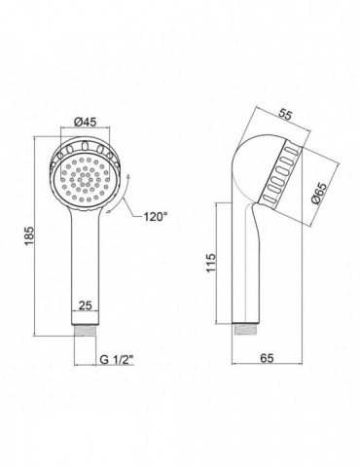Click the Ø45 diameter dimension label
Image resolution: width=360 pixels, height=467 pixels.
pyautogui.click(x=85, y=122)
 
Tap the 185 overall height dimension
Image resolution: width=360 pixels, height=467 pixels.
pyautogui.click(x=29, y=235)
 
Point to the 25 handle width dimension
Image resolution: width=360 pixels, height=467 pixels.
pyautogui.click(x=86, y=305)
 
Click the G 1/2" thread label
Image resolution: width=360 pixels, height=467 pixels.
pyautogui.click(x=117, y=359)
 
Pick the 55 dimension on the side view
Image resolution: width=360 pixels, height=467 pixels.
pyautogui.click(x=287, y=115)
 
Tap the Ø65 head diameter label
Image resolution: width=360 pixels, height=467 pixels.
pyautogui.click(x=318, y=193)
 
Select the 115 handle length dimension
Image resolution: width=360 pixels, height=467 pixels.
pyautogui.click(x=211, y=263)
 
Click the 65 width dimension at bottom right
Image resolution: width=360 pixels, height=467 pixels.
pyautogui.click(x=268, y=358)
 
